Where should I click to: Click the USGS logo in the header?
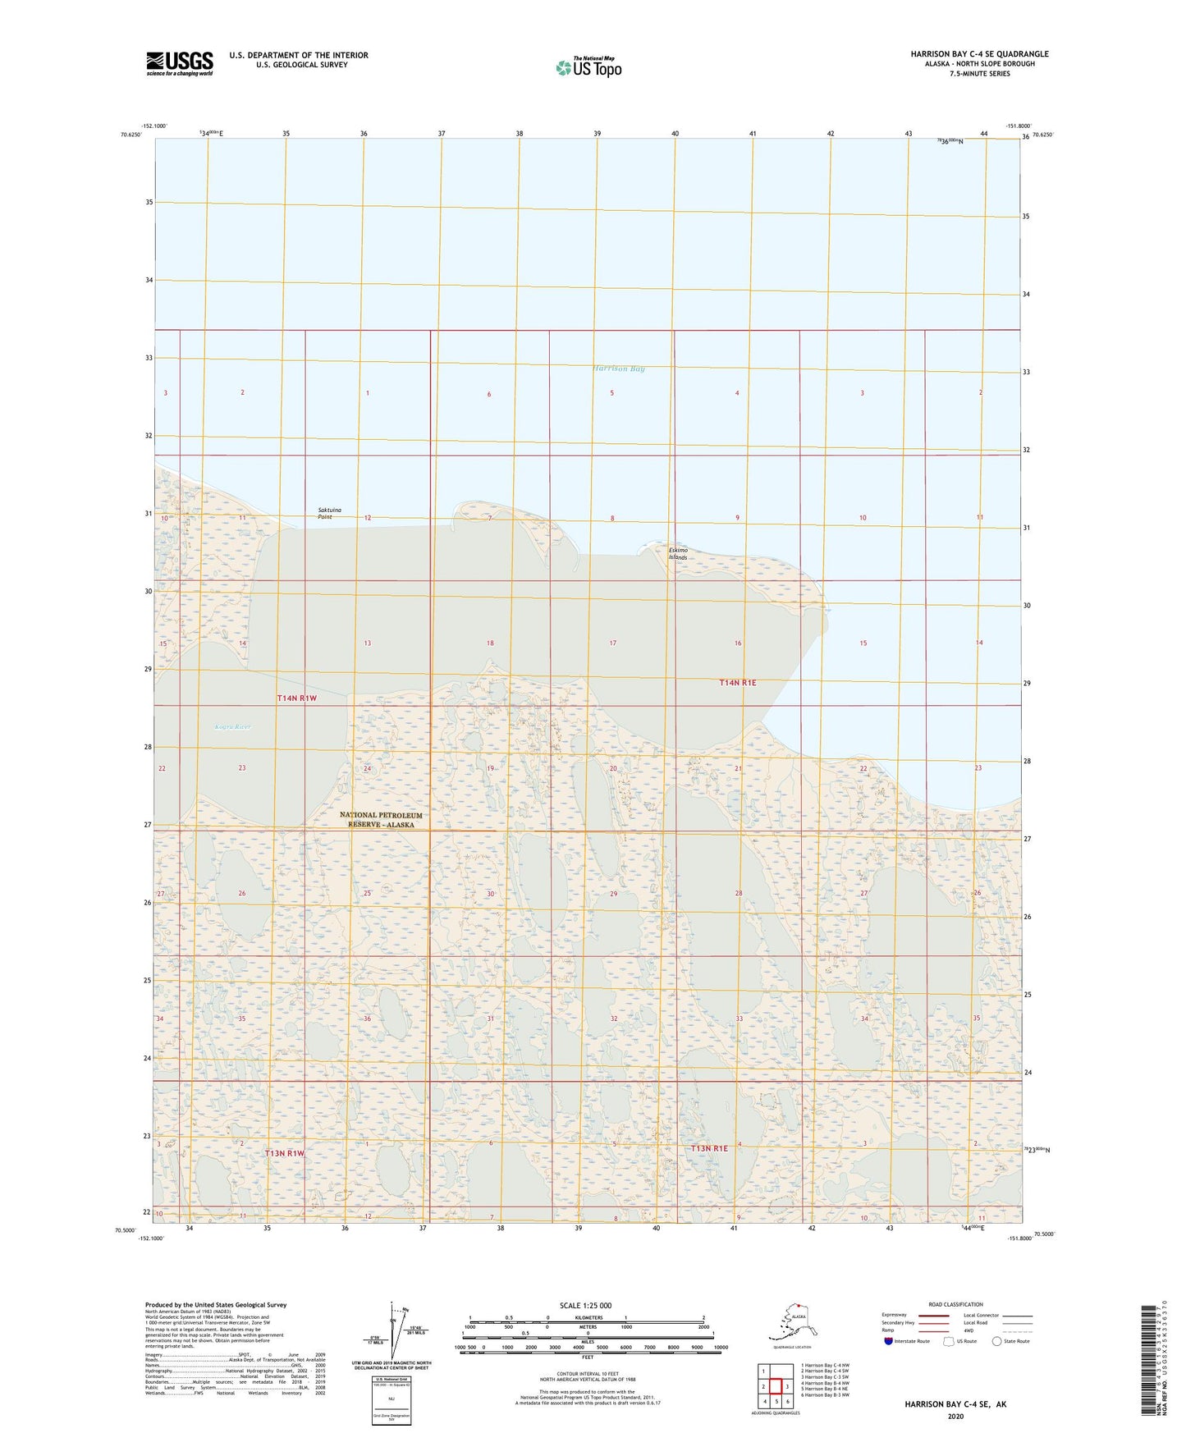(x=179, y=63)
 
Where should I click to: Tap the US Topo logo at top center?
(x=588, y=66)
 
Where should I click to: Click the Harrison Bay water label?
(x=618, y=369)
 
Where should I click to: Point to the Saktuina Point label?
(x=329, y=514)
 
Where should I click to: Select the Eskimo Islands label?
(x=678, y=554)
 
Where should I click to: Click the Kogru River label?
(x=232, y=726)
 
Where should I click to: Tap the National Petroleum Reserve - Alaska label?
(x=381, y=819)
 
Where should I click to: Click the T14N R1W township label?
(x=296, y=698)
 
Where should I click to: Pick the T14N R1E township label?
(x=737, y=683)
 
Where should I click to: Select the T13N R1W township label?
(x=284, y=1153)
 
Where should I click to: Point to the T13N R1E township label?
(x=709, y=1148)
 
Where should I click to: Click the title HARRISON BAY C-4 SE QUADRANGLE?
(x=978, y=54)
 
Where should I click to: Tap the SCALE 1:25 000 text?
(x=586, y=1306)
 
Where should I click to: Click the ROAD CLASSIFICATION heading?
(x=955, y=1304)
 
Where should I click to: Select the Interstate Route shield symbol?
(x=889, y=1341)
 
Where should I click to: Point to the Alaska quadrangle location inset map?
(x=791, y=1323)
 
